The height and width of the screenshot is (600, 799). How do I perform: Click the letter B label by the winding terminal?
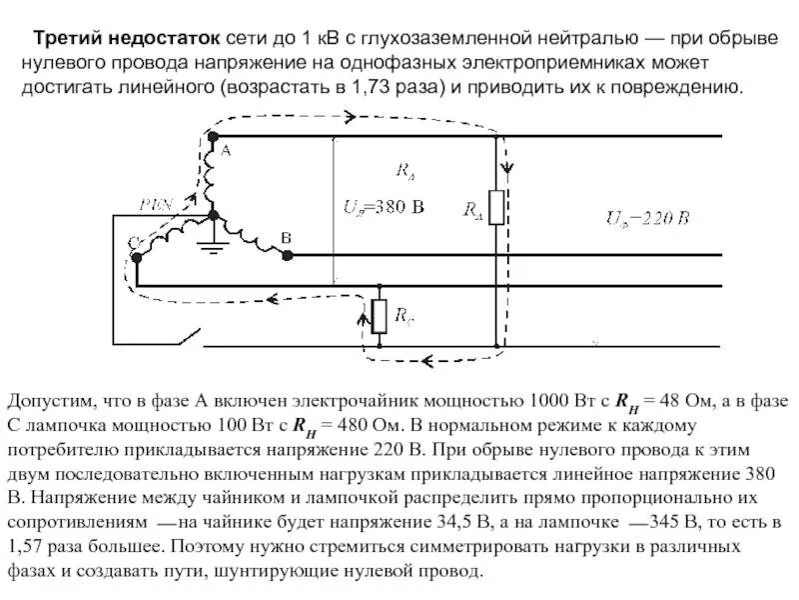click(286, 238)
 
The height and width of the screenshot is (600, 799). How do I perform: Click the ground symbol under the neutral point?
click(211, 243)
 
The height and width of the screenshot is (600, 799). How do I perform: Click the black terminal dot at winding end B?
click(288, 255)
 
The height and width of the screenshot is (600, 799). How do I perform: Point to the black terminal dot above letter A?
click(212, 136)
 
